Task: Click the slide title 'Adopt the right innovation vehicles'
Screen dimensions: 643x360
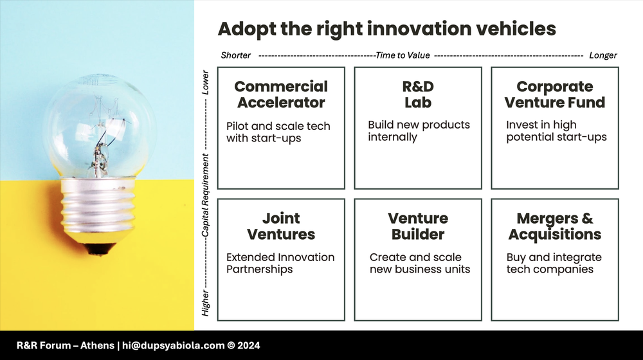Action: tap(386, 29)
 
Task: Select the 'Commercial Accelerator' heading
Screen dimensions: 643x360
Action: tap(281, 94)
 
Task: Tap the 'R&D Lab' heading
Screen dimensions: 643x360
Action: tap(418, 94)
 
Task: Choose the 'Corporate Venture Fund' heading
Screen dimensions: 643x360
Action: tap(555, 94)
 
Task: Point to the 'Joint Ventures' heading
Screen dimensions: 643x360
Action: tap(281, 226)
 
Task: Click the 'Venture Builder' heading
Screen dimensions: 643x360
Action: tap(418, 226)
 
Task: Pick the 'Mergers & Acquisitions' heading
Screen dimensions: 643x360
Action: tap(555, 226)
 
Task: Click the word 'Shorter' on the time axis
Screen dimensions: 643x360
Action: tap(235, 55)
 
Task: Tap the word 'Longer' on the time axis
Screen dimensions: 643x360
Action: tap(602, 55)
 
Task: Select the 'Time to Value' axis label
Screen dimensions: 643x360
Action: tap(403, 55)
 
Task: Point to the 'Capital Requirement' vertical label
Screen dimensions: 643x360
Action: tap(206, 196)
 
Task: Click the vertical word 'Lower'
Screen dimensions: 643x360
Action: tap(206, 83)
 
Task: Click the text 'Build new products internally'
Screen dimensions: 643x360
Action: tap(419, 130)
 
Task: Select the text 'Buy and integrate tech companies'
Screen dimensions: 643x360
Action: tap(554, 263)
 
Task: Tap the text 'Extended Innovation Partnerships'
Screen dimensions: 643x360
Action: tap(280, 263)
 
